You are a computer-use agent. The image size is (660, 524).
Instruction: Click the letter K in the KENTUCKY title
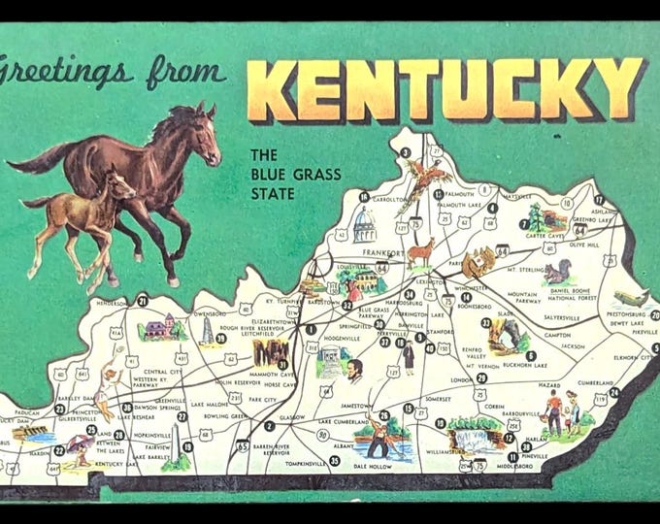[x=274, y=90]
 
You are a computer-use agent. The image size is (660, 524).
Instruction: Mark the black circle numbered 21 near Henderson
[x=143, y=301]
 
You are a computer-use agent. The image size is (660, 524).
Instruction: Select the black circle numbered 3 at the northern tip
[x=405, y=151]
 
